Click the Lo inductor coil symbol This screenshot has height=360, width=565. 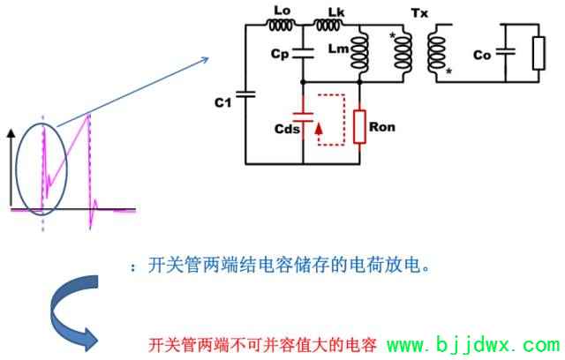280,25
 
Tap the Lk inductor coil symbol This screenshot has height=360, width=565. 328,25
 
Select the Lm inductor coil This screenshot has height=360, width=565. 359,51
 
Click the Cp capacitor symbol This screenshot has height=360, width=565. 303,53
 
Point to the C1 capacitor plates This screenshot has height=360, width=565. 245,94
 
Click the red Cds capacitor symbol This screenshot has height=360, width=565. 303,117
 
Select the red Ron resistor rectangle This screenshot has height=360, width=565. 359,127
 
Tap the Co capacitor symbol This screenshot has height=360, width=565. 506,52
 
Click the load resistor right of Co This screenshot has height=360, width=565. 539,53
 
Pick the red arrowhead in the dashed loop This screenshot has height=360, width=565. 319,129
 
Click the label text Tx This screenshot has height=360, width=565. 419,14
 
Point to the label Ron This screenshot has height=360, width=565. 382,127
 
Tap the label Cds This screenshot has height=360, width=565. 287,129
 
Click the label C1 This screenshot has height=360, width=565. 222,103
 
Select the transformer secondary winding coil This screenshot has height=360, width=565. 437,53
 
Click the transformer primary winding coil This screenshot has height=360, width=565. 403,51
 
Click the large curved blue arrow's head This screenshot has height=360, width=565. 91,340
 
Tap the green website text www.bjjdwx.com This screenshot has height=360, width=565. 473,344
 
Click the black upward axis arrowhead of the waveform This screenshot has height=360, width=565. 11,133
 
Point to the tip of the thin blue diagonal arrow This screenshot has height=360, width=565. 208,57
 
